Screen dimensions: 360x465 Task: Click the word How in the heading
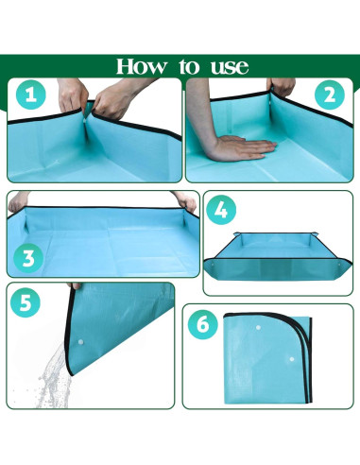click(142, 66)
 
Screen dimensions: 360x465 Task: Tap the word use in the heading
click(230, 67)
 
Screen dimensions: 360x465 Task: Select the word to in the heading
click(189, 67)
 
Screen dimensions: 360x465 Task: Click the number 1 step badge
click(30, 95)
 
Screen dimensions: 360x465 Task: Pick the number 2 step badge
click(330, 95)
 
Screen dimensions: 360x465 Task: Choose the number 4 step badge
click(221, 210)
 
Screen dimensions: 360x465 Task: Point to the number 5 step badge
click(26, 302)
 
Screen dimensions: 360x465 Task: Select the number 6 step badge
click(203, 324)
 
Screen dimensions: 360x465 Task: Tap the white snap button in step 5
click(80, 342)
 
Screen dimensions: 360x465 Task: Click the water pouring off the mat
click(53, 376)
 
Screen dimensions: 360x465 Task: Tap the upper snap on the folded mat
click(258, 328)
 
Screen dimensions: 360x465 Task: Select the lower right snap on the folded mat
click(292, 359)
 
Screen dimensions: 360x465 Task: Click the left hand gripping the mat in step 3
click(19, 201)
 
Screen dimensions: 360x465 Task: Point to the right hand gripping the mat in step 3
click(186, 201)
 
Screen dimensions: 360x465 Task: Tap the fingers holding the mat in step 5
click(75, 286)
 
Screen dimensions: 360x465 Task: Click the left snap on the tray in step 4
click(213, 265)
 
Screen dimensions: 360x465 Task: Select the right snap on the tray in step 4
click(339, 265)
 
